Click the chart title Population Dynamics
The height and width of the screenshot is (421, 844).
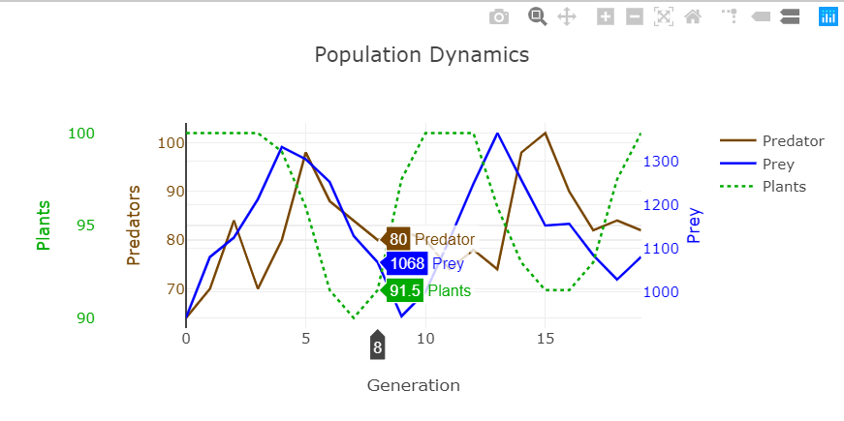click(422, 54)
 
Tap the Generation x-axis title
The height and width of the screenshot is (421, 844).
click(413, 385)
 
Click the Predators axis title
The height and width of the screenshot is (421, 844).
click(134, 225)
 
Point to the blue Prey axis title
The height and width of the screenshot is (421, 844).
click(694, 225)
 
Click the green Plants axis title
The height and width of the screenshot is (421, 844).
click(44, 225)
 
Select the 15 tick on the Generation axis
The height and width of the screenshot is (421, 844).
click(545, 339)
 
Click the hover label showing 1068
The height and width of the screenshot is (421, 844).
click(407, 264)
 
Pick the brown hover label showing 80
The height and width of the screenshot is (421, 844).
click(398, 239)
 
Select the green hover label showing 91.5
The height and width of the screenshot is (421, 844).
click(404, 290)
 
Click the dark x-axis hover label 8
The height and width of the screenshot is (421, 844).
click(377, 346)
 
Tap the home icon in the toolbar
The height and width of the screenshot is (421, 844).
click(692, 16)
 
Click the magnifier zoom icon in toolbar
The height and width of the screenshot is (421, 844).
click(536, 16)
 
